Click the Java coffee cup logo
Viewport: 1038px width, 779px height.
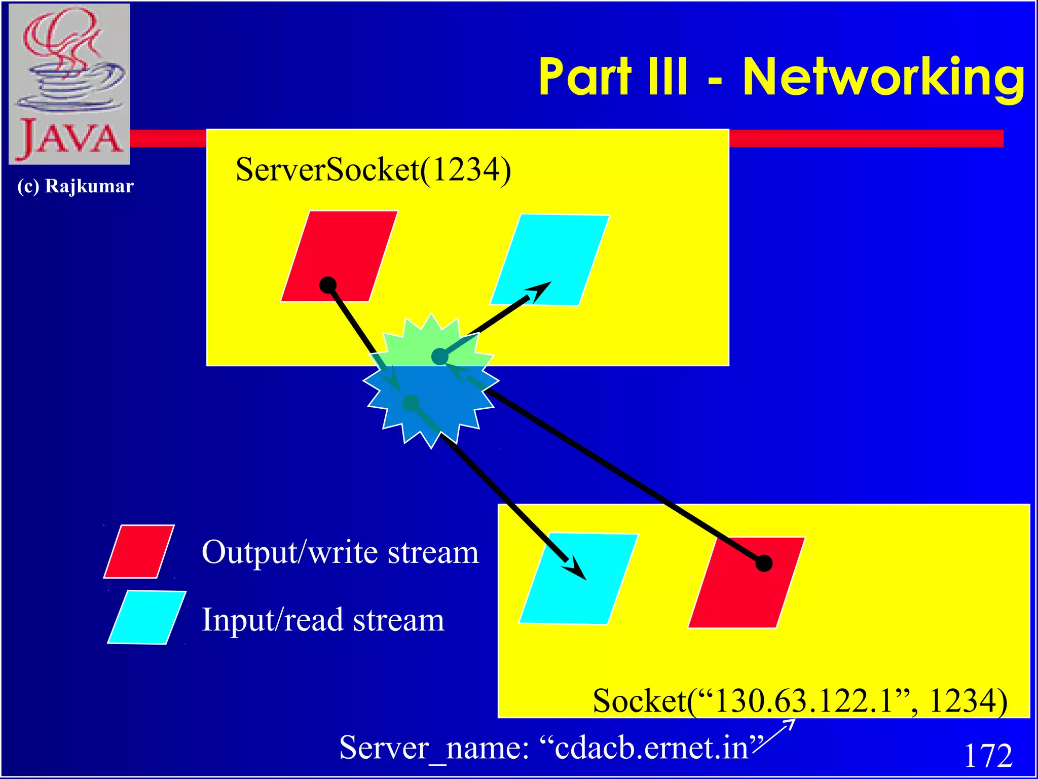[69, 84]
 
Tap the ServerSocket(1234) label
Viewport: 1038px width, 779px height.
[374, 170]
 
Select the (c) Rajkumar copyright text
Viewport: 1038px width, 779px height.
[75, 186]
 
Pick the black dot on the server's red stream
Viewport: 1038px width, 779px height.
[328, 285]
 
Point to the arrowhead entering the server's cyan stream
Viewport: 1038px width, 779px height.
[540, 291]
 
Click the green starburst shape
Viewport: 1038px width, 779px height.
[431, 340]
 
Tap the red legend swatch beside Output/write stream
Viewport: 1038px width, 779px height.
[139, 551]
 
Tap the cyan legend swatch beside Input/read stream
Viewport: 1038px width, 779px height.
[147, 617]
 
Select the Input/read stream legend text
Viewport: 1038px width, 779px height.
[323, 620]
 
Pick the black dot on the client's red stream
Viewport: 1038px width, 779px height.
[764, 563]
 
